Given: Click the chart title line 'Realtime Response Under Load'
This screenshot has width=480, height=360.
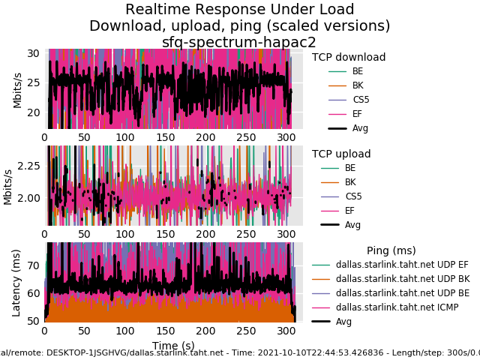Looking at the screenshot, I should coord(240,10).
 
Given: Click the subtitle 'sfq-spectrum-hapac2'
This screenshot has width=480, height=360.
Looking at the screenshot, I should coord(239,43).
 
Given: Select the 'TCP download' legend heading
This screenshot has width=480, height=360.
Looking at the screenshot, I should coord(349,57).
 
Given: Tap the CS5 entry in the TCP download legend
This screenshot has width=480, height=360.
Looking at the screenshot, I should coord(361,100).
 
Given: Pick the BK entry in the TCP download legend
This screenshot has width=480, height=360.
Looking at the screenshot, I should coord(358,85).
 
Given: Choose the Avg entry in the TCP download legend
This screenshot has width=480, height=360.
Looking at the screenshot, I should coord(360,128).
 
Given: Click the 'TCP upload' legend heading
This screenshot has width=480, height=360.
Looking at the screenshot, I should coord(341,154).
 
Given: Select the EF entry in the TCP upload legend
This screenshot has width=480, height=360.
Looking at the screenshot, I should coord(349,211).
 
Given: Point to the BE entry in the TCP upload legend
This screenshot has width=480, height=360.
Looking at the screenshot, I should coord(350,168).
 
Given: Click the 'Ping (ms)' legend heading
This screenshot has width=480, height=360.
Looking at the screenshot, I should coord(391,250).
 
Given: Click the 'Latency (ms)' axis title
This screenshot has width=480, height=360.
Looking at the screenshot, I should coord(16,282).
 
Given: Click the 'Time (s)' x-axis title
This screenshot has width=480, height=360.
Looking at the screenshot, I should coord(173,345).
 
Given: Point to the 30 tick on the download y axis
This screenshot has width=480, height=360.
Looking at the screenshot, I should coord(33,53).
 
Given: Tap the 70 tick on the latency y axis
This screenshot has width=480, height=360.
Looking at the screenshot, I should coord(33,265).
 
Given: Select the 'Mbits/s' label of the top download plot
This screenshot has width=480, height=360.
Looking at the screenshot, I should coord(17,90).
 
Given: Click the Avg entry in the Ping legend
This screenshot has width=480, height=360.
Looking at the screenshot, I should coord(343,322).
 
